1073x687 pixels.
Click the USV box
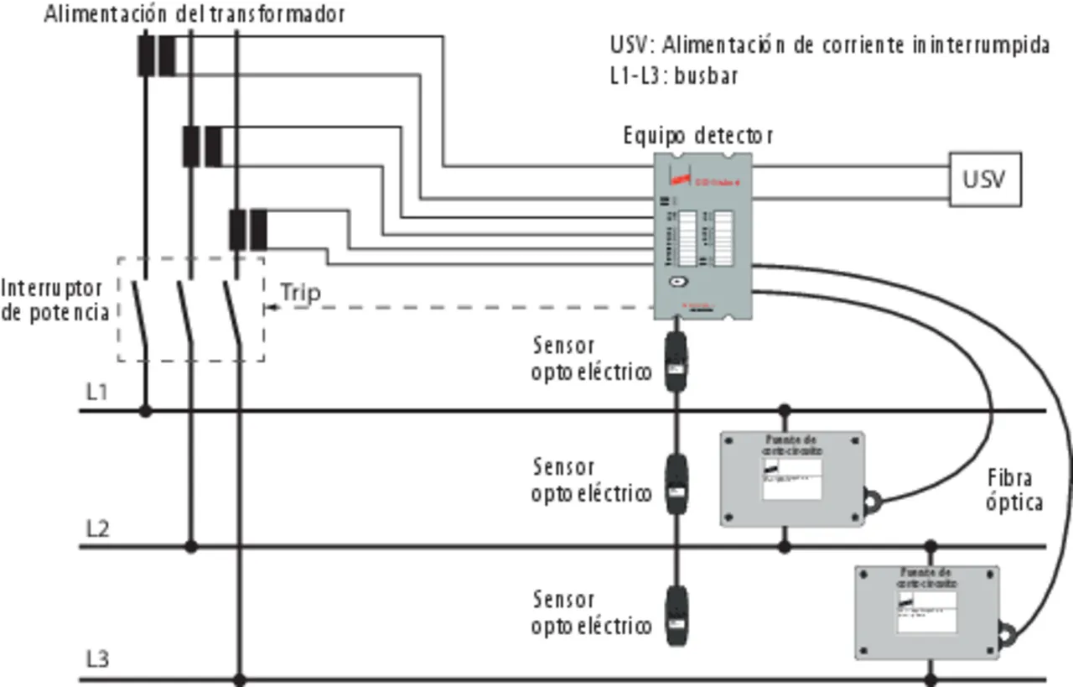click(x=985, y=179)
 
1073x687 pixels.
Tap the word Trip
click(x=300, y=292)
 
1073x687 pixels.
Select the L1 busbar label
click(x=98, y=391)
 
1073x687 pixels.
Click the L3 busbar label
click(x=98, y=659)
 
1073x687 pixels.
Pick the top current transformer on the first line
click(x=157, y=55)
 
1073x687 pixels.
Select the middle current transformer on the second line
click(x=202, y=146)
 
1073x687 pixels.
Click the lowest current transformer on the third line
click(x=248, y=230)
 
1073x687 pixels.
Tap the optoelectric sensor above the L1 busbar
click(x=676, y=362)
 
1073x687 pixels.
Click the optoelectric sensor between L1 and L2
click(x=676, y=483)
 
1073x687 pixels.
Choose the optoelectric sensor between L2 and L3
click(x=676, y=616)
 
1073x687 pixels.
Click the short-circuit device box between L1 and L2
click(x=792, y=479)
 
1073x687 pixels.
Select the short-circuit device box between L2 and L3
click(x=926, y=612)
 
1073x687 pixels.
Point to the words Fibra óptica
click(x=1013, y=490)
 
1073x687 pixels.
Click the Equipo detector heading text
click(x=698, y=135)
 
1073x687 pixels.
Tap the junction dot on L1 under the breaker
click(x=146, y=411)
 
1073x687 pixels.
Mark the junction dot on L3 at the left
click(x=239, y=679)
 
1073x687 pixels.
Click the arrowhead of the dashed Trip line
click(x=270, y=309)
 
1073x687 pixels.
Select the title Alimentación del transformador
click(x=194, y=14)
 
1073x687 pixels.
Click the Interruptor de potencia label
click(x=55, y=299)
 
